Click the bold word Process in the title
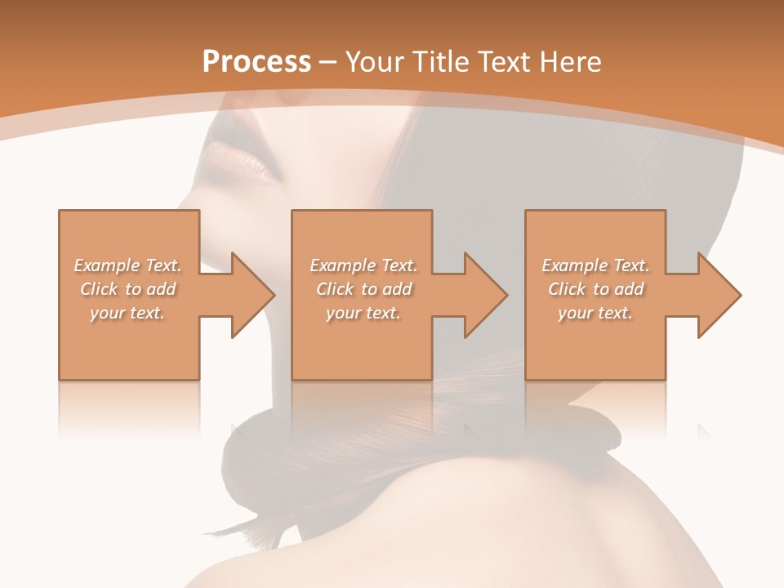pos(256,62)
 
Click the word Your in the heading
pos(375,62)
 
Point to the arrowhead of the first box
pos(252,295)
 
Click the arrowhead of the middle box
pos(486,295)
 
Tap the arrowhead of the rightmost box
pos(719,295)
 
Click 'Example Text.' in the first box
pos(127,265)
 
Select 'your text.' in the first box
pos(127,313)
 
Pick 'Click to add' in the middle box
pos(363,289)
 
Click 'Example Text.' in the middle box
pos(363,265)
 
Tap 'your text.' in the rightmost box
pos(595,313)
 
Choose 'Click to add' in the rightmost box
pos(595,289)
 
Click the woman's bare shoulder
pos(523,523)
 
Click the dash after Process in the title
pos(328,62)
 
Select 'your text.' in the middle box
pos(363,313)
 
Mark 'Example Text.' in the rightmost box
pos(595,265)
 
